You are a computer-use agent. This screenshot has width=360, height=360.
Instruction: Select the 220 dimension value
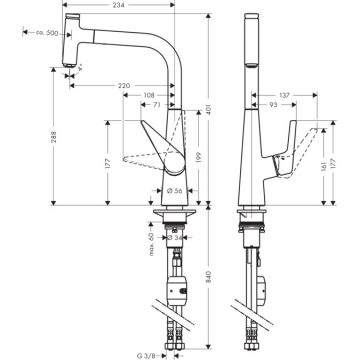tap(122, 87)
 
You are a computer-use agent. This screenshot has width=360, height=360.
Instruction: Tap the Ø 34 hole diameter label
tap(176, 238)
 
